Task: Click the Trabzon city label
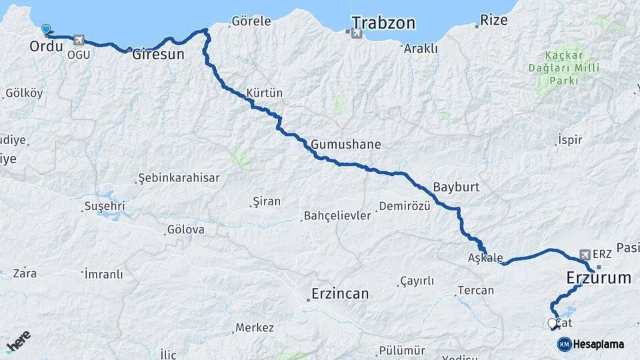point(383,23)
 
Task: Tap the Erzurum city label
point(598,277)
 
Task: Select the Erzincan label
point(340,293)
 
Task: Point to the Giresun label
point(158,55)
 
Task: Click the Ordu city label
point(46,47)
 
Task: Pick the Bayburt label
point(456,187)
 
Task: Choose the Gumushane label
point(345,144)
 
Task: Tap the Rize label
point(494,21)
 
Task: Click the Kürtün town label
point(265,93)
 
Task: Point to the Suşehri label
point(104,207)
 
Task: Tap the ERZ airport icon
point(585,254)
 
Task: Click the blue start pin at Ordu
point(46,29)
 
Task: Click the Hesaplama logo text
point(598,344)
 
